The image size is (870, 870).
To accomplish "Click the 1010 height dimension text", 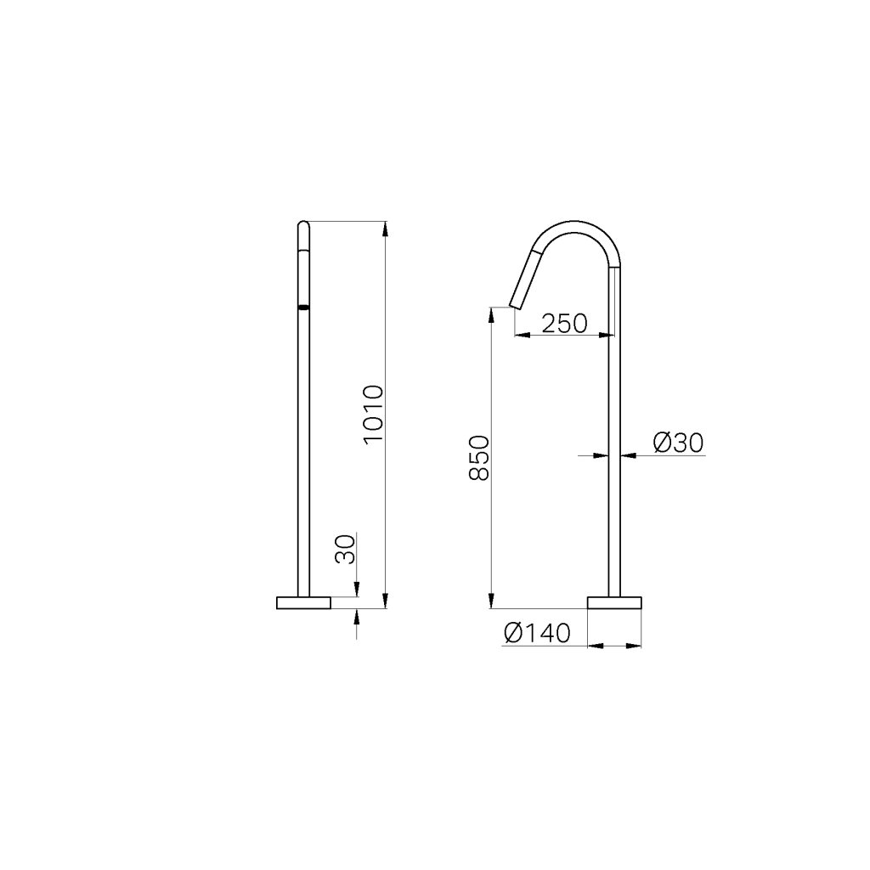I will click(x=373, y=415).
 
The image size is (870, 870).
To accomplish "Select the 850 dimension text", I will click(x=479, y=459).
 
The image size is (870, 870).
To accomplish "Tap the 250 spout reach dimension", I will click(x=564, y=324).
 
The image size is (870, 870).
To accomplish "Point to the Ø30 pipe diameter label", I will click(x=679, y=443).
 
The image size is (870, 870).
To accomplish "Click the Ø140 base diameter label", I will click(x=536, y=634).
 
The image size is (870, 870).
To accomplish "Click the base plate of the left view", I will click(x=303, y=603).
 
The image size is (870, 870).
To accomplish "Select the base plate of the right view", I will click(x=614, y=603).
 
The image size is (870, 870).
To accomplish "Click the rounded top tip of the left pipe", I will click(x=303, y=225).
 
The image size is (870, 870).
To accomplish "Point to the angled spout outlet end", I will click(x=516, y=305).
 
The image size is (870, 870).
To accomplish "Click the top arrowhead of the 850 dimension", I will click(x=492, y=313).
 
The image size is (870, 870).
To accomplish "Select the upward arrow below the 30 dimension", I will click(x=357, y=615).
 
